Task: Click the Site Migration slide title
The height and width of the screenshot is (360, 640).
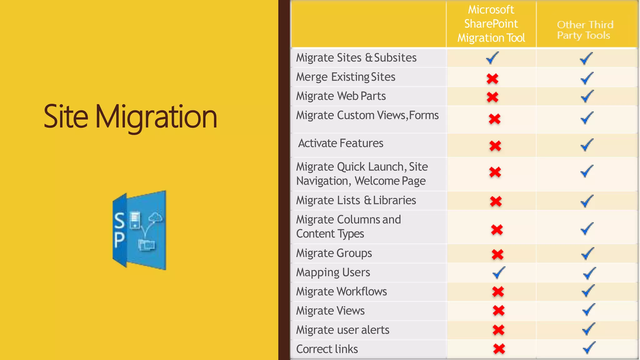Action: tap(130, 117)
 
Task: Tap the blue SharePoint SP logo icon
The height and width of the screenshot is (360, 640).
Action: tap(139, 230)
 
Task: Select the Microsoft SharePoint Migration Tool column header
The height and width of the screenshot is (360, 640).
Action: tap(491, 24)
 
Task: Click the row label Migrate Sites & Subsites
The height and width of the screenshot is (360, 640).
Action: tap(356, 58)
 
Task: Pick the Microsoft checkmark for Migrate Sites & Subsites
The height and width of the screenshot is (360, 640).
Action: tap(492, 58)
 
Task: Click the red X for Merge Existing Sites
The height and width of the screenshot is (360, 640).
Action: tap(492, 78)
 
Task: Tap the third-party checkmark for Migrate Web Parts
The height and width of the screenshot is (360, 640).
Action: tap(587, 96)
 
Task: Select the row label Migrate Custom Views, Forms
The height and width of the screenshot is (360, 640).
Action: tap(367, 115)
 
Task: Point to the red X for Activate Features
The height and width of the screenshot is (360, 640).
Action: tap(495, 146)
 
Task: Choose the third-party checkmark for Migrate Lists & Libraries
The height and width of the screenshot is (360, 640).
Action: tap(587, 201)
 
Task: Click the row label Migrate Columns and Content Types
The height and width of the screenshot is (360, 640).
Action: tap(348, 227)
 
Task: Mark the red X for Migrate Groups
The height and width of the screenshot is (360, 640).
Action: tap(497, 254)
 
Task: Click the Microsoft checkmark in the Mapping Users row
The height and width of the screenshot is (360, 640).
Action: tap(499, 272)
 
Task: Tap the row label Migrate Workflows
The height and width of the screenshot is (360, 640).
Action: tap(341, 292)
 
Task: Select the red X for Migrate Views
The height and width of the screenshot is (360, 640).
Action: tap(498, 311)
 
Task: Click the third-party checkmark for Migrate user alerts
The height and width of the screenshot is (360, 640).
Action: tap(588, 329)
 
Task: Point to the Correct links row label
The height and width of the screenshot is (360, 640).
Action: tap(327, 349)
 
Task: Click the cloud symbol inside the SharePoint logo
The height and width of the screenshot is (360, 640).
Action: tap(155, 217)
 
